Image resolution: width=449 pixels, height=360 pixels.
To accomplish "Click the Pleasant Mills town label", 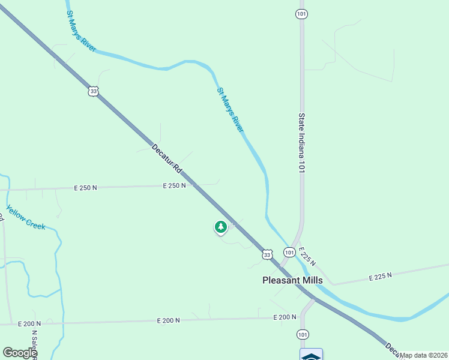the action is [292, 280].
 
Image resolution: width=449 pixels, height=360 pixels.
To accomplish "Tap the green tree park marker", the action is [221, 227].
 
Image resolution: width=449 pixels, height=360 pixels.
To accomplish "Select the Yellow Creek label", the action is [26, 217].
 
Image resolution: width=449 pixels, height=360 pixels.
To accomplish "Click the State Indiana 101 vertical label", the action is [302, 143].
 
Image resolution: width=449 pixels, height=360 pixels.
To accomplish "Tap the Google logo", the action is [20, 353].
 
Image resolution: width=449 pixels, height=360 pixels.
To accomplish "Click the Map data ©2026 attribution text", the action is [424, 355].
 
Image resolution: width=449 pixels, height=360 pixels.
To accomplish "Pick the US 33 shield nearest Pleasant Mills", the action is [267, 255].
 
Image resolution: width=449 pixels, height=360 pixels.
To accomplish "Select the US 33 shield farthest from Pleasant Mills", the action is [92, 91].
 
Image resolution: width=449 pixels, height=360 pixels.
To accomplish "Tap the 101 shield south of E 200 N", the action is [303, 334].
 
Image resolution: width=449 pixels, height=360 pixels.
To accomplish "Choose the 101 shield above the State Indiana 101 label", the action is [302, 14].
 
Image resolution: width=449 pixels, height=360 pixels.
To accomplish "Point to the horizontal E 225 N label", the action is [380, 275].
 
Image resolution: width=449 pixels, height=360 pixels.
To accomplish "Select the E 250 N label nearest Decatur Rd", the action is [174, 186].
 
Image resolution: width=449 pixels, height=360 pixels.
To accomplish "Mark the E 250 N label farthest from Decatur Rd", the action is [85, 188].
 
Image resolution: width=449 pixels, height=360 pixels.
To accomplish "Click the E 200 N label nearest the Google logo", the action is [29, 323].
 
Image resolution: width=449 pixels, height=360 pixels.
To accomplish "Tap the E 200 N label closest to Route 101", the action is [285, 317].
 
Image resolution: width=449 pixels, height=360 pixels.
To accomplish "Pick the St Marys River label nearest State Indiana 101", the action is [231, 110].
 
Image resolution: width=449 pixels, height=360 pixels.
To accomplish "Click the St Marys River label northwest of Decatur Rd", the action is [81, 31].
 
